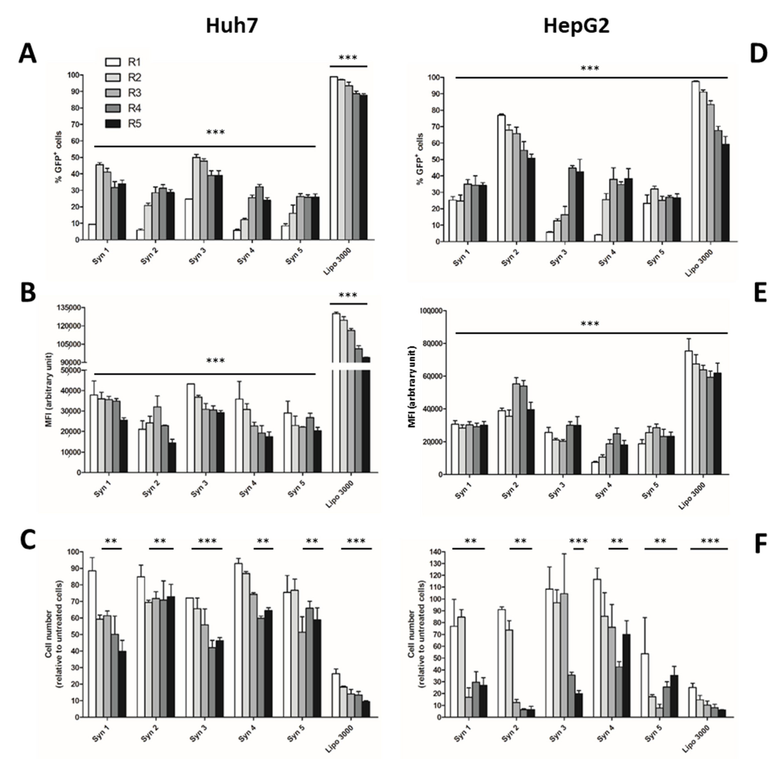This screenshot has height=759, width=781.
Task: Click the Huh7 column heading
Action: point(232,26)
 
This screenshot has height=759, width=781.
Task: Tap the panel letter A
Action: point(27,54)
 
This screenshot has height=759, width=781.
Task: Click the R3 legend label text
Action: point(134,93)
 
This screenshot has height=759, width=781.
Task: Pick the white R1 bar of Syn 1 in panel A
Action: point(92,232)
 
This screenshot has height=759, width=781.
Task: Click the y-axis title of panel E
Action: point(412,387)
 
